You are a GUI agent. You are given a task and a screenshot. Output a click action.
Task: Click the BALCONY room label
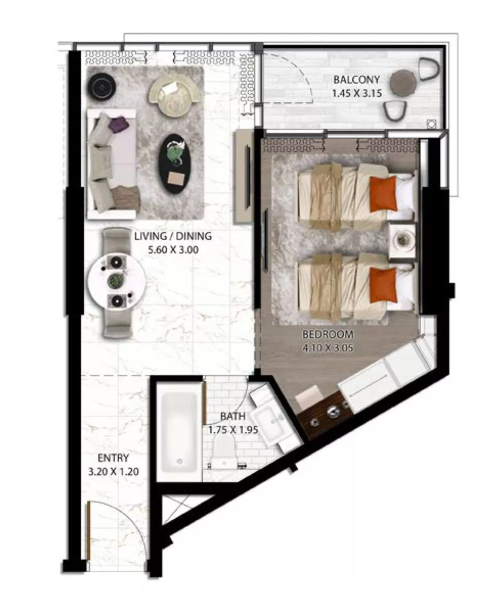click(x=357, y=79)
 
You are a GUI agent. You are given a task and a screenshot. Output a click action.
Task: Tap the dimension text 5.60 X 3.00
click(x=173, y=250)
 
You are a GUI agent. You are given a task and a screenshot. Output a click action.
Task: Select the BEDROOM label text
click(x=328, y=334)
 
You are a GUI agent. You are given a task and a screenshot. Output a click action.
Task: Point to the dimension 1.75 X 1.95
click(x=233, y=430)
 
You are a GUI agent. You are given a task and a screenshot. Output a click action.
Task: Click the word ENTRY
click(x=113, y=458)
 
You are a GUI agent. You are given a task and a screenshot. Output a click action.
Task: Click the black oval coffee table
click(x=174, y=164)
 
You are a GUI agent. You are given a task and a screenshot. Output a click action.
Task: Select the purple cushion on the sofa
click(x=119, y=124)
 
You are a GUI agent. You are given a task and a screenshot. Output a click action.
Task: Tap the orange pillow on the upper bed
click(x=383, y=194)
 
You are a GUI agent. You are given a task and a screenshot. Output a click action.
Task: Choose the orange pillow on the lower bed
click(x=383, y=285)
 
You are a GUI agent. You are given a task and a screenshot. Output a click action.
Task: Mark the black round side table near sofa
click(x=102, y=87)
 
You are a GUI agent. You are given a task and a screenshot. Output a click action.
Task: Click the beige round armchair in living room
click(x=175, y=96)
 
